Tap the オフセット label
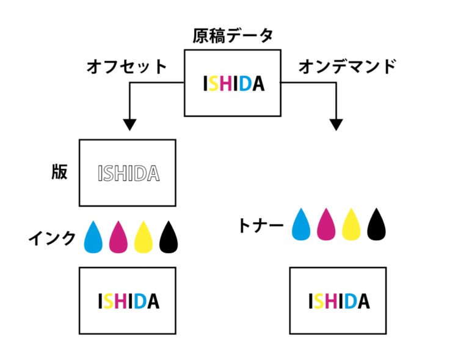[x=126, y=67]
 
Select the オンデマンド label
[x=347, y=67]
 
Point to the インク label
[x=53, y=238]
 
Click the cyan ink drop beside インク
[x=93, y=237]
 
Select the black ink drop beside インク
[x=168, y=237]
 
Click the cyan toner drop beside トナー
[x=302, y=225]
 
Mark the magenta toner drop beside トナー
[x=327, y=225]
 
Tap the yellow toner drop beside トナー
[x=352, y=225]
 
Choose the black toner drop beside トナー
[x=377, y=225]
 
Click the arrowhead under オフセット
[x=128, y=124]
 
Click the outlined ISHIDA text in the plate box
[x=128, y=174]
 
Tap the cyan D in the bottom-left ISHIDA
[x=139, y=301]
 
